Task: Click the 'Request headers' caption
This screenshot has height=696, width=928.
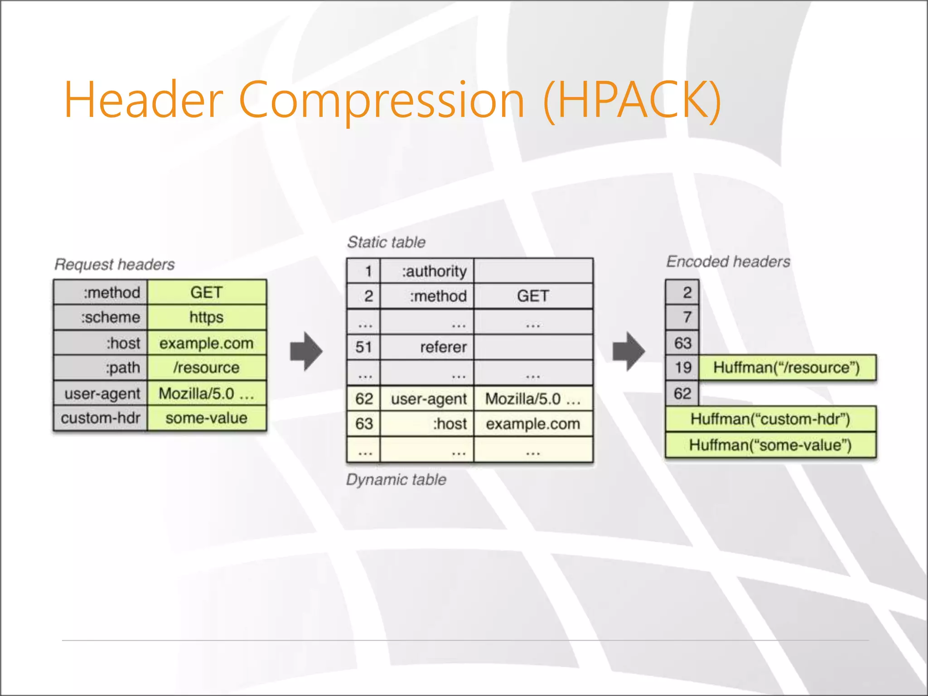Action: pyautogui.click(x=115, y=264)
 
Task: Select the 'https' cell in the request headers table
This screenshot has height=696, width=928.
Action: pyautogui.click(x=207, y=317)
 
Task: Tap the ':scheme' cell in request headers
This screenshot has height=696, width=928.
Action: pyautogui.click(x=101, y=317)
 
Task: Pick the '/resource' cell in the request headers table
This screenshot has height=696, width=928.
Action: pyautogui.click(x=207, y=367)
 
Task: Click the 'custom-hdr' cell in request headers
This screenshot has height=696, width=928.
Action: pyautogui.click(x=101, y=418)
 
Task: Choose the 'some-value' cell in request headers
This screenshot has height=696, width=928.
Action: pyautogui.click(x=207, y=418)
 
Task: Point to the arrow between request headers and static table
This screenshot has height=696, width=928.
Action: pyautogui.click(x=306, y=352)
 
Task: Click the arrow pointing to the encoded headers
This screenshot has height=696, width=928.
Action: pyautogui.click(x=628, y=352)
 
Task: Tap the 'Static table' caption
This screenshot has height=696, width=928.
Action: pyautogui.click(x=387, y=242)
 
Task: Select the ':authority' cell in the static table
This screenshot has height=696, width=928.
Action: pyautogui.click(x=427, y=271)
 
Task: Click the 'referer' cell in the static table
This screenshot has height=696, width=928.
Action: pyautogui.click(x=427, y=347)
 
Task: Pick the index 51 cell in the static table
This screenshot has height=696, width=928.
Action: pyautogui.click(x=363, y=347)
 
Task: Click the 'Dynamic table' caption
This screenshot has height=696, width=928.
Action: pyautogui.click(x=396, y=479)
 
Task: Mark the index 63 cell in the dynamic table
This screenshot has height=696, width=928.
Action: pyautogui.click(x=363, y=424)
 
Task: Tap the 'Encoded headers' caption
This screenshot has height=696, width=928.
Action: pyautogui.click(x=728, y=261)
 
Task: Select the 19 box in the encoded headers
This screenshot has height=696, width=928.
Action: pyautogui.click(x=682, y=367)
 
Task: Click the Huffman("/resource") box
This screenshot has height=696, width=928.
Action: pyautogui.click(x=787, y=367)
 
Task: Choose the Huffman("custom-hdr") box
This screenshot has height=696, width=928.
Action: pyautogui.click(x=770, y=419)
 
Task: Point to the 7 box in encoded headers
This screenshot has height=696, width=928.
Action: pyautogui.click(x=682, y=317)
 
